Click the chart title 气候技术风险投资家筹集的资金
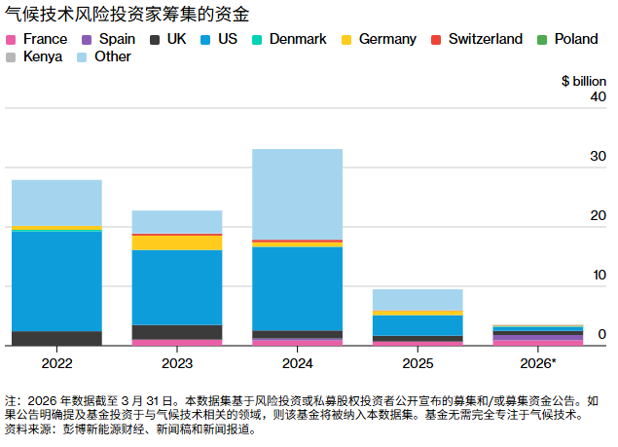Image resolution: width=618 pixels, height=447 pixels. click(127, 15)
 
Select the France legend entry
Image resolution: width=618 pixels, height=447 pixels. click(37, 39)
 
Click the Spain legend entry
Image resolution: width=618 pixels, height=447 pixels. click(110, 39)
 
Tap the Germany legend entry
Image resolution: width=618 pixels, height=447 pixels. click(379, 39)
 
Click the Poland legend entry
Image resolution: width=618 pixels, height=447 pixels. click(574, 39)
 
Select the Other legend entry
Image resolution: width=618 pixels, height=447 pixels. click(104, 56)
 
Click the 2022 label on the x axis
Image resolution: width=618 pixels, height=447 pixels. click(56, 363)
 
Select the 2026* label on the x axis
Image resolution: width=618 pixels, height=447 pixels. click(537, 363)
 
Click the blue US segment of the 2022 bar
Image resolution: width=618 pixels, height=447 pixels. click(56, 280)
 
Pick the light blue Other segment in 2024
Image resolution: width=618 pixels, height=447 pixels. click(297, 194)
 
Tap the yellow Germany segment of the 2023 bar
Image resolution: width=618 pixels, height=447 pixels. click(177, 242)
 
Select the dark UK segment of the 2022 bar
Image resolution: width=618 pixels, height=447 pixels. click(56, 338)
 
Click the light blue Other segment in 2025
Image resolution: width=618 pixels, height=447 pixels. click(418, 300)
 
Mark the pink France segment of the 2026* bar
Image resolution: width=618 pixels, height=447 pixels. click(537, 342)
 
